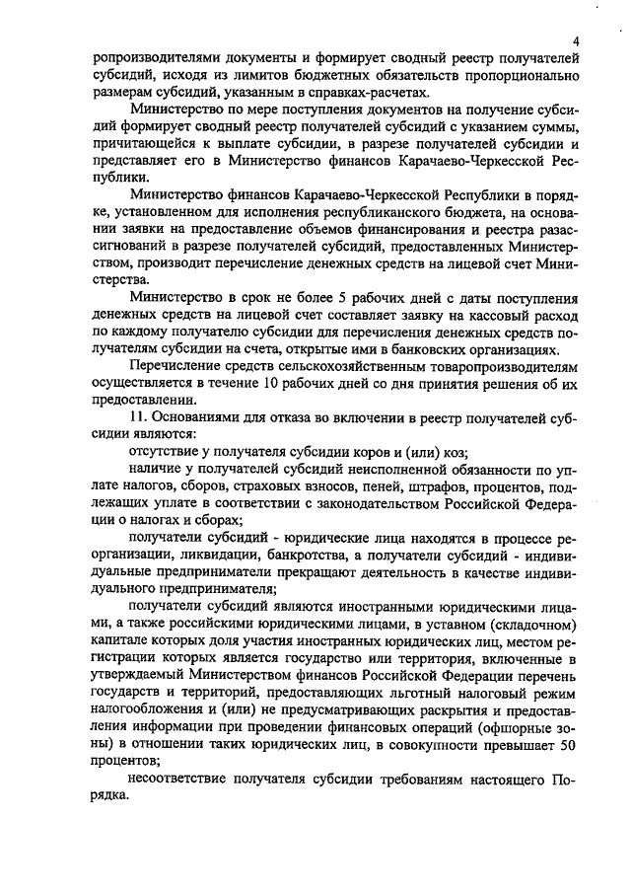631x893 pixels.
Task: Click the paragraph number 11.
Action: click(138, 418)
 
